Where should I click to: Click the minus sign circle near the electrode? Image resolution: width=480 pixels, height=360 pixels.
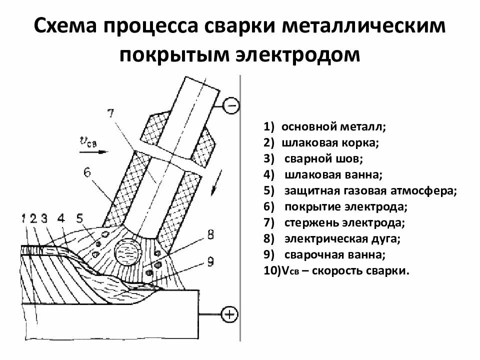(x=230, y=105)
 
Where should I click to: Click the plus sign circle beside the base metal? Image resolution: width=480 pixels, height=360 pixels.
(x=228, y=314)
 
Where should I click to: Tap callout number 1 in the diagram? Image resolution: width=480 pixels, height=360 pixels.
(x=24, y=218)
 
